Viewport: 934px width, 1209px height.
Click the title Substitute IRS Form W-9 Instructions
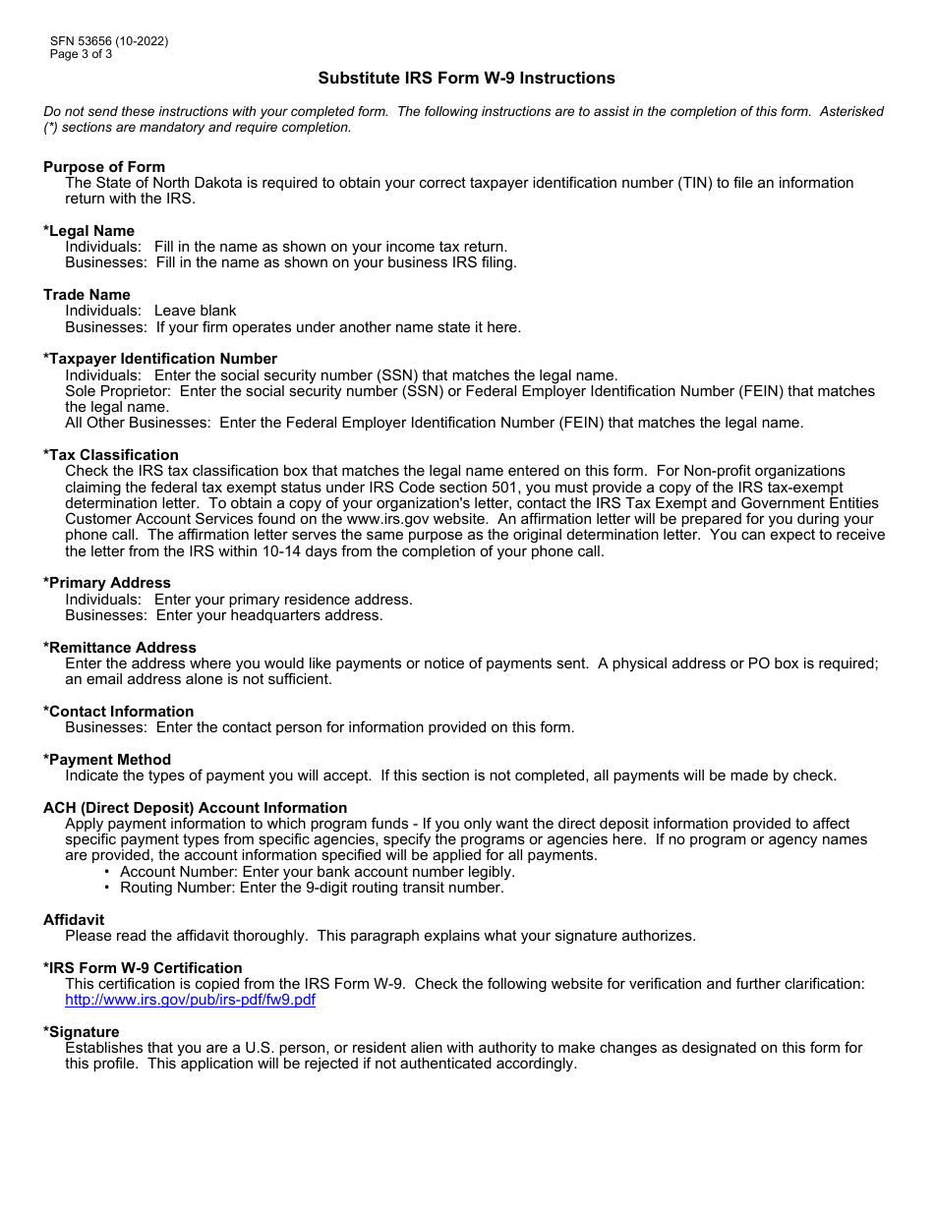[466, 78]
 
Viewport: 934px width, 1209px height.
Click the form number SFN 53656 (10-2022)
[109, 41]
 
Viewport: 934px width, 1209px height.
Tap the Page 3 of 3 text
[81, 54]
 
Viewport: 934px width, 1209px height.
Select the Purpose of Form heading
[104, 167]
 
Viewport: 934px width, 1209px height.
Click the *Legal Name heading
[88, 231]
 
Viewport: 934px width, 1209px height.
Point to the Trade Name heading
[87, 295]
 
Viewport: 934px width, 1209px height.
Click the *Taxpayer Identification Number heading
[160, 359]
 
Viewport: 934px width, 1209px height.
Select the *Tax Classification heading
[111, 455]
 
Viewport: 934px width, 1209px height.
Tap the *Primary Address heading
[107, 583]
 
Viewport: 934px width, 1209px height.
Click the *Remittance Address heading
[120, 648]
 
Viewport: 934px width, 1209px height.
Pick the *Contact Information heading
[119, 712]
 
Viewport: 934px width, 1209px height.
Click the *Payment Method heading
[107, 760]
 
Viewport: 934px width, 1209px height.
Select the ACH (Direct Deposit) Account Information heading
[195, 808]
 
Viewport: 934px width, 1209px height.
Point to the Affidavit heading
[74, 920]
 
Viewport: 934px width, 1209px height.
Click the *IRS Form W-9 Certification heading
[143, 968]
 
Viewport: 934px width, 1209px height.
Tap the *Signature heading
[82, 1032]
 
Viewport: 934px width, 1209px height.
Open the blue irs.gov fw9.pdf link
[190, 1000]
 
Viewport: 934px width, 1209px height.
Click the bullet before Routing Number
[107, 888]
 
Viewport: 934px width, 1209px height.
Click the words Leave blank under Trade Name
[196, 311]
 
